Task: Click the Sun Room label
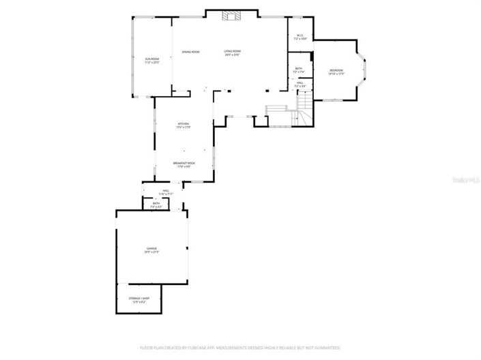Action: tap(151, 59)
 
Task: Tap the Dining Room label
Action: tap(190, 52)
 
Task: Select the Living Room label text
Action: tap(233, 51)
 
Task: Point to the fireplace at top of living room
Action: tap(233, 16)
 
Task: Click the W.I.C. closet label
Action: tap(300, 36)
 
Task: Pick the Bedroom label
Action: tap(336, 70)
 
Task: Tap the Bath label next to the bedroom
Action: tap(299, 68)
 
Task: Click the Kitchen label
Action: tap(184, 123)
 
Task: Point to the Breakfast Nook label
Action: tap(184, 163)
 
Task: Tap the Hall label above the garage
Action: tap(165, 191)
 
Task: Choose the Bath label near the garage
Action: tap(156, 203)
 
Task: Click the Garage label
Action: tap(151, 248)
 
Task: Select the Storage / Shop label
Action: tap(139, 299)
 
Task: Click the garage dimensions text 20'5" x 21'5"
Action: tap(151, 252)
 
